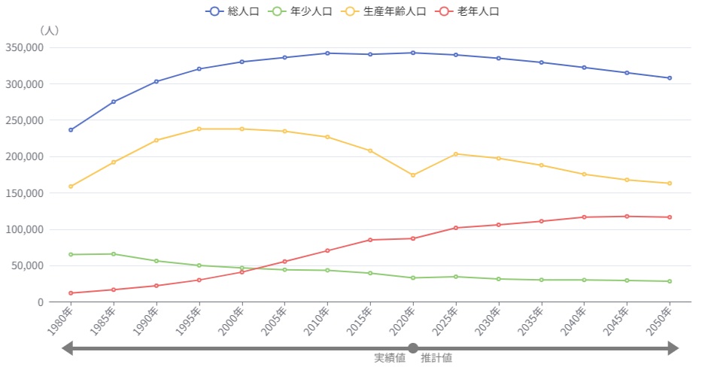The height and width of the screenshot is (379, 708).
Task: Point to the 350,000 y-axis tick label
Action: point(23,47)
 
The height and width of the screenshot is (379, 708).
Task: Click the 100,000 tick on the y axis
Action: point(23,229)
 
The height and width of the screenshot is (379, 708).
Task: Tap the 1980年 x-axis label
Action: point(62,322)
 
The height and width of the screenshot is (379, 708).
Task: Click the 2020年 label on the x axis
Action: point(404,322)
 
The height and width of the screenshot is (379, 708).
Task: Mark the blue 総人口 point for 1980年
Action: point(71,130)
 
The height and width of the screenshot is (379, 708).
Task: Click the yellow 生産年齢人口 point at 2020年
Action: point(413,175)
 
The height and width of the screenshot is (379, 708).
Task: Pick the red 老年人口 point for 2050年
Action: point(670,217)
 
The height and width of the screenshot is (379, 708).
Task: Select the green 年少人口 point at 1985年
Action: point(114,254)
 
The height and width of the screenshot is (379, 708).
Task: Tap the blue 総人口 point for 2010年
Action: point(327,53)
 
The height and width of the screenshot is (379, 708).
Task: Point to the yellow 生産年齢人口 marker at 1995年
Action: point(199,129)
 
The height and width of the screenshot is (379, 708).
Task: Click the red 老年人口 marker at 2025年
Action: point(456,228)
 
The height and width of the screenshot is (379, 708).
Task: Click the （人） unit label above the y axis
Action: point(49,31)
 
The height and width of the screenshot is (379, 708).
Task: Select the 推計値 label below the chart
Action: point(436,358)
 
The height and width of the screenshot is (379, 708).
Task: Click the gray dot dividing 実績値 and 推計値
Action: point(413,348)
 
